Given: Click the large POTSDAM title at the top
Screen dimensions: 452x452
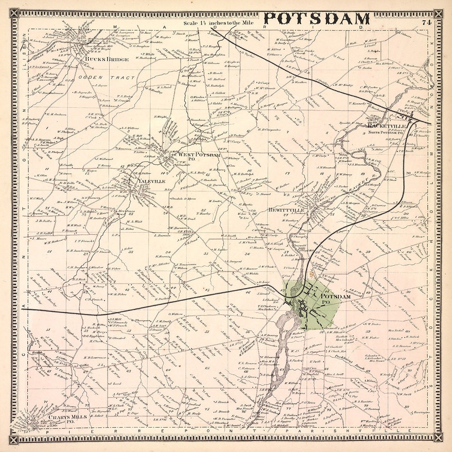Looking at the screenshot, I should click(x=317, y=19).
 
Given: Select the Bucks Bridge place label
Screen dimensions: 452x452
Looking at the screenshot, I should click(x=107, y=59).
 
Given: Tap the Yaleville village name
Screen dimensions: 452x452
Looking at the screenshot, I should click(x=151, y=181).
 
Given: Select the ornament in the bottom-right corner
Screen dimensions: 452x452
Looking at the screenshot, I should click(x=438, y=438).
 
